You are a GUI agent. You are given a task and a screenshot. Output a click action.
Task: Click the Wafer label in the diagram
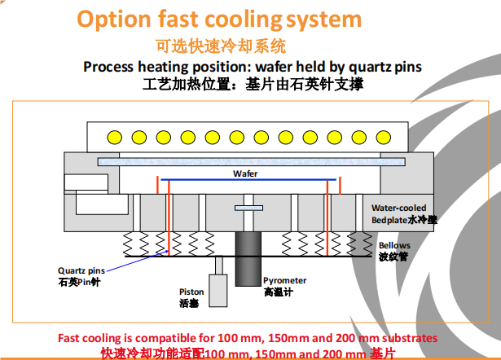[244, 173]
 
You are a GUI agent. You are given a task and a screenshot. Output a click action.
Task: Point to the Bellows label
[394, 245]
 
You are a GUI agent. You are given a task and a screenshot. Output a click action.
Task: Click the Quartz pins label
[82, 270]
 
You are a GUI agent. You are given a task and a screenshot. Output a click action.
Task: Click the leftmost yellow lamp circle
[115, 135]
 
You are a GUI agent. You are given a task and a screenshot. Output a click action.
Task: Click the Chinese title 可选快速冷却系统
[222, 46]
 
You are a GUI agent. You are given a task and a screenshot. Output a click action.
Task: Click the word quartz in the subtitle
[333, 66]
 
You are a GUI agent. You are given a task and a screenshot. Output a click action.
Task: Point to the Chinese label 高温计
[277, 291]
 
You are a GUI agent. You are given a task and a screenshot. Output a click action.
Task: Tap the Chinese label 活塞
[189, 303]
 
